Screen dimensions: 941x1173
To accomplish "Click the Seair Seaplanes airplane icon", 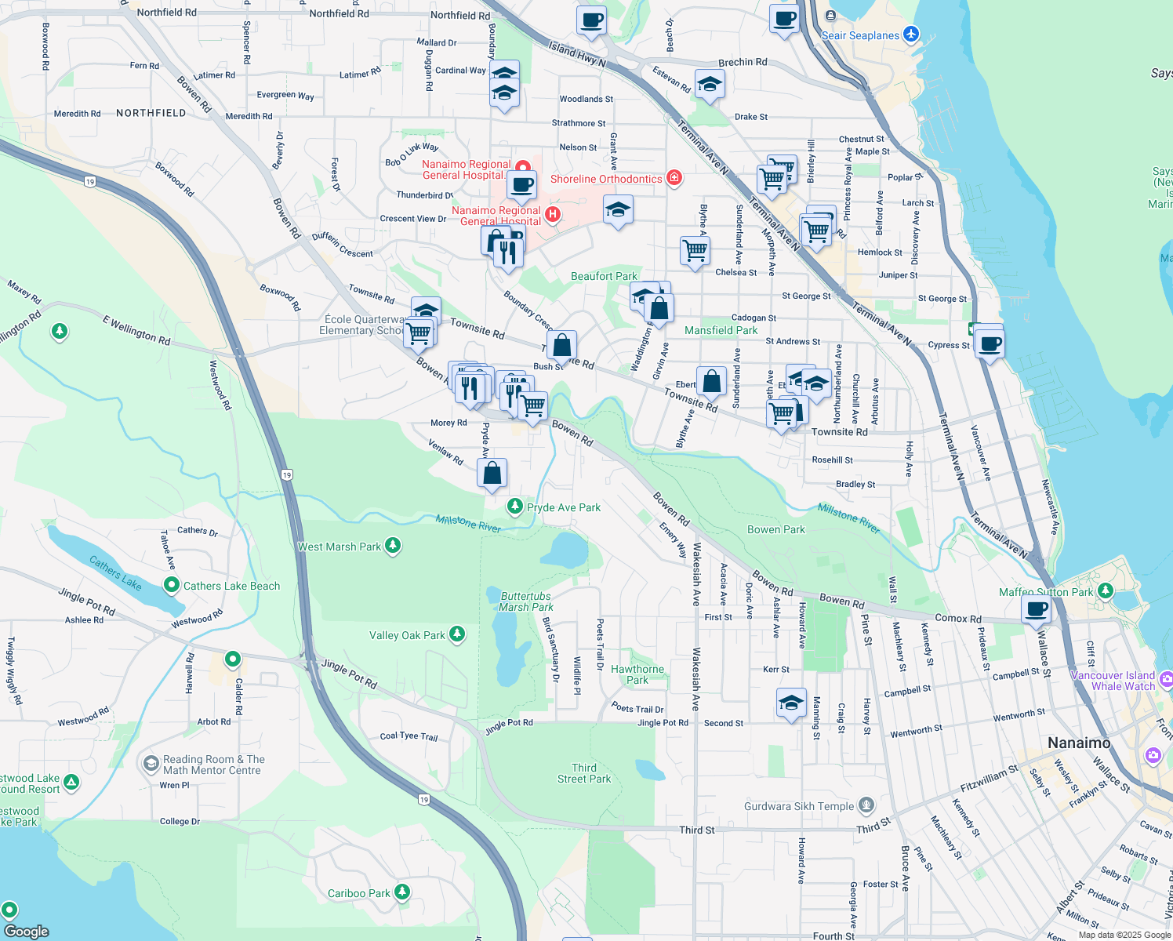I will pyautogui.click(x=910, y=35).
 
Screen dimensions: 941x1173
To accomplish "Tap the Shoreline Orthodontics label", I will pyautogui.click(x=606, y=179).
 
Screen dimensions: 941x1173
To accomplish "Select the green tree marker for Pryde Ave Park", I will pyautogui.click(x=515, y=507).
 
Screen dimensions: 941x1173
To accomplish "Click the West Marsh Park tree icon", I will pyautogui.click(x=393, y=546).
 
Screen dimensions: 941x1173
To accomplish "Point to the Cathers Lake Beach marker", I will pyautogui.click(x=172, y=585).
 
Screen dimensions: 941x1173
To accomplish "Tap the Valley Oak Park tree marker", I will pyautogui.click(x=457, y=634).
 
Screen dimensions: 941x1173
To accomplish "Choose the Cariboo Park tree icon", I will pyautogui.click(x=402, y=892).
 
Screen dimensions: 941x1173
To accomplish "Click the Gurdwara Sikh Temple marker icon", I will pyautogui.click(x=866, y=805).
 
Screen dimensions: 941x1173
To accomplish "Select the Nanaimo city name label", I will pyautogui.click(x=1079, y=743).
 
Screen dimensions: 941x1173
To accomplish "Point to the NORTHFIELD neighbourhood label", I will pyautogui.click(x=151, y=113).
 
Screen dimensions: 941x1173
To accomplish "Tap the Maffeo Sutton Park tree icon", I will pyautogui.click(x=1106, y=591).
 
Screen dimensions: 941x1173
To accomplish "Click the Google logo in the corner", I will pyautogui.click(x=27, y=931).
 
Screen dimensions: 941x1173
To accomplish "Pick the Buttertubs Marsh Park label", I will pyautogui.click(x=525, y=601).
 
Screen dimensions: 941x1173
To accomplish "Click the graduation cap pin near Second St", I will pyautogui.click(x=791, y=703).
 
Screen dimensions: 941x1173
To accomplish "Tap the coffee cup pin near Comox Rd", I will pyautogui.click(x=1036, y=609).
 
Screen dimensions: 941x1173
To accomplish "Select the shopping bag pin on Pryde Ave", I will pyautogui.click(x=492, y=474).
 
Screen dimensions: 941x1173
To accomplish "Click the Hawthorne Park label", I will pyautogui.click(x=637, y=674).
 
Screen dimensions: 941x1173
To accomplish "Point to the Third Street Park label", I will pyautogui.click(x=584, y=773).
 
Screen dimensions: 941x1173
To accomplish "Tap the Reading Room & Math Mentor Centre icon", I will pyautogui.click(x=150, y=763).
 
